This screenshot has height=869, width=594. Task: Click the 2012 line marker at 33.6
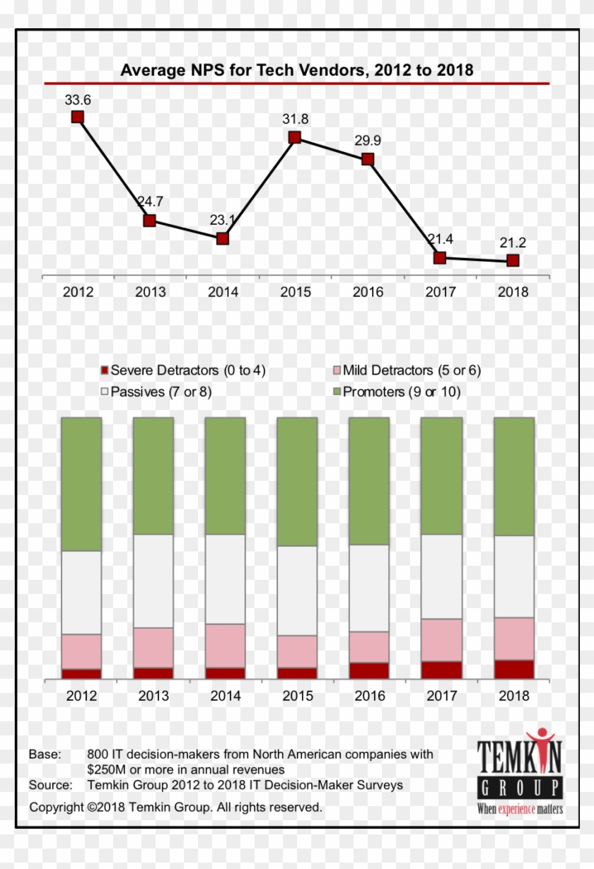(x=78, y=117)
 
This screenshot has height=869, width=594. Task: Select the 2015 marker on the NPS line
(x=295, y=137)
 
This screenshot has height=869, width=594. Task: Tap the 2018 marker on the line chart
(x=513, y=260)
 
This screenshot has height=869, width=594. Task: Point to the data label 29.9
(x=368, y=141)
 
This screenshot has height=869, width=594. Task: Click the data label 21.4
(x=440, y=239)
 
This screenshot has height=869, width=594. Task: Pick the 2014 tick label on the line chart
(x=223, y=292)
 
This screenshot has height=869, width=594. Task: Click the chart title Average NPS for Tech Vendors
(x=296, y=70)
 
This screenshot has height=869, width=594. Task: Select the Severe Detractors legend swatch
(x=105, y=371)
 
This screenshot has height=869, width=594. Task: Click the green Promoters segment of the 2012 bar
(x=81, y=484)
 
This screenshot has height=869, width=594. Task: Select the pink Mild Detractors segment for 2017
(x=441, y=639)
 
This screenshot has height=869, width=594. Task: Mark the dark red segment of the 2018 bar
(x=513, y=669)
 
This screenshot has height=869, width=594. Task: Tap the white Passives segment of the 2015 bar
(x=297, y=590)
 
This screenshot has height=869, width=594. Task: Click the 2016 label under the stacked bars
(x=370, y=696)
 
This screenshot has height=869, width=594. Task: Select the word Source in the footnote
(x=49, y=785)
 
